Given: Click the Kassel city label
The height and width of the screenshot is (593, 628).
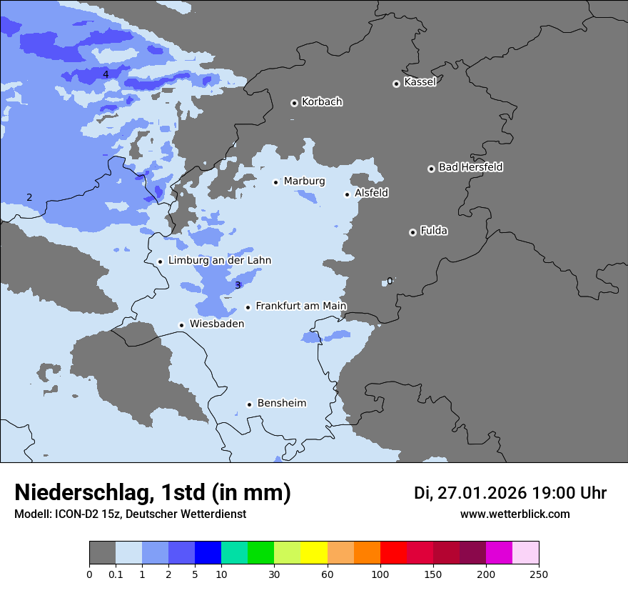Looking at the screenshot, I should pos(420,82).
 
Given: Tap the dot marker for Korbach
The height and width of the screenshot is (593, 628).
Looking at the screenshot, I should pos(294,103).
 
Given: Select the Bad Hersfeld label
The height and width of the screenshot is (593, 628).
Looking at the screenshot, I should pos(470,167).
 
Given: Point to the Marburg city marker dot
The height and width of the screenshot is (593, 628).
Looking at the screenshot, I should pos(276,182).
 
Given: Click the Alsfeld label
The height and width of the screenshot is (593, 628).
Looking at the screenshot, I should pos(371,193).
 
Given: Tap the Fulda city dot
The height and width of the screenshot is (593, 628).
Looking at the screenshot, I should pos(412,232).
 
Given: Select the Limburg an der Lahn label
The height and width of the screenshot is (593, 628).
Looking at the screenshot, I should pos(219,261).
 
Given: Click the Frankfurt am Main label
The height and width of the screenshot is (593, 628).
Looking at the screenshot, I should pos(300,306).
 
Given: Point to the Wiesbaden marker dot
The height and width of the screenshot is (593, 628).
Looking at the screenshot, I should pos(182,325).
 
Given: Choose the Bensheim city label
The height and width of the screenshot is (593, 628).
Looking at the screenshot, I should pos(281,403).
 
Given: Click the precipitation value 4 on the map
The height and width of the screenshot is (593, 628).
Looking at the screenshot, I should pos(106,74).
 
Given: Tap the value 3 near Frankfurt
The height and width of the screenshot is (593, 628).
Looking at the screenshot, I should pos(238,286).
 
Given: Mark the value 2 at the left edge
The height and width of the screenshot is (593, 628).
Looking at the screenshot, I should pos(29,197).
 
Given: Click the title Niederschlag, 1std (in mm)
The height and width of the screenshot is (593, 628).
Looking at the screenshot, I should pos(153,492).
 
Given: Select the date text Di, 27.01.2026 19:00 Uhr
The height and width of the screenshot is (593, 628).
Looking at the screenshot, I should pos(510,493).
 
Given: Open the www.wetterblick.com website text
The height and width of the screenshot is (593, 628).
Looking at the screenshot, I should pos(515,514).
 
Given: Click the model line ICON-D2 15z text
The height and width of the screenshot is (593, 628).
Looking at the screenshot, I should pos(130,514).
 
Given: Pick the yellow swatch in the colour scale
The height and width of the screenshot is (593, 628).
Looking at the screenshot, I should pos(314,553).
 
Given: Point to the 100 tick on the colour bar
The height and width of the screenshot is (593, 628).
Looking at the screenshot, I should pos(380,574).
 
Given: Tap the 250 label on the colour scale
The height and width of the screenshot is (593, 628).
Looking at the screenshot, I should pos(539,574).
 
